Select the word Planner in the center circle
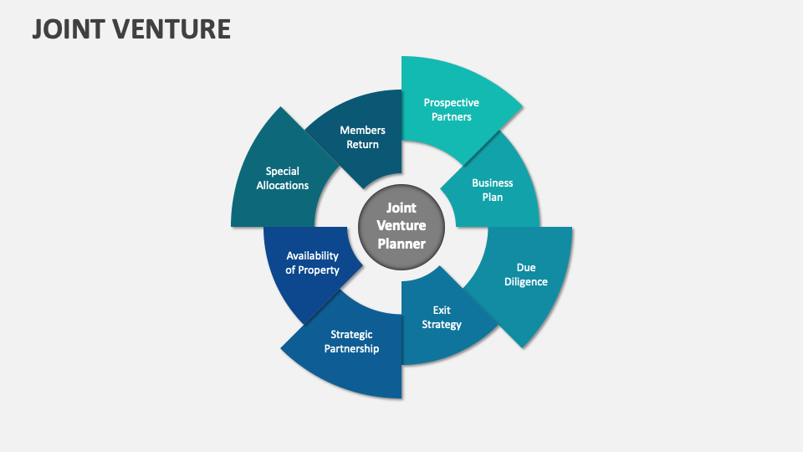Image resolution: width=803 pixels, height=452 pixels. (401, 244)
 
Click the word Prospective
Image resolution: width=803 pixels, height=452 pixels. (452, 103)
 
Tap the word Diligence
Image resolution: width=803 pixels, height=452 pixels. (526, 282)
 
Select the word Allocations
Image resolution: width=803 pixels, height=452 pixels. (283, 186)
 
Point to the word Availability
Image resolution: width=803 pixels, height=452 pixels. (312, 256)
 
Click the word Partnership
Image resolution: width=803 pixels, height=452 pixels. (351, 349)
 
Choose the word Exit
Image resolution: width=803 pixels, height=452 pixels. (442, 311)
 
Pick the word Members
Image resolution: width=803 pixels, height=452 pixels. (362, 131)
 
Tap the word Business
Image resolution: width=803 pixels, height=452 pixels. (493, 183)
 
